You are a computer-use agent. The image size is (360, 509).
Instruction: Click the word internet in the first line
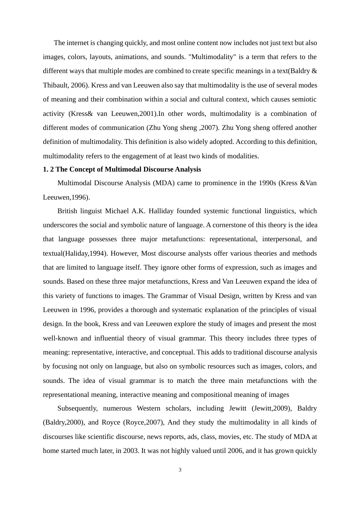(77, 43)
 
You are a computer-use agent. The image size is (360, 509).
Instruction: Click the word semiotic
(304, 99)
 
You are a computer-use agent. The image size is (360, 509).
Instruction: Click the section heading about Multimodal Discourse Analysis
(122, 169)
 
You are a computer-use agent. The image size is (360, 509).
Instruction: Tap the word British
(68, 211)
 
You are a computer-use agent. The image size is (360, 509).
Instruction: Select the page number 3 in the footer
(180, 470)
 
